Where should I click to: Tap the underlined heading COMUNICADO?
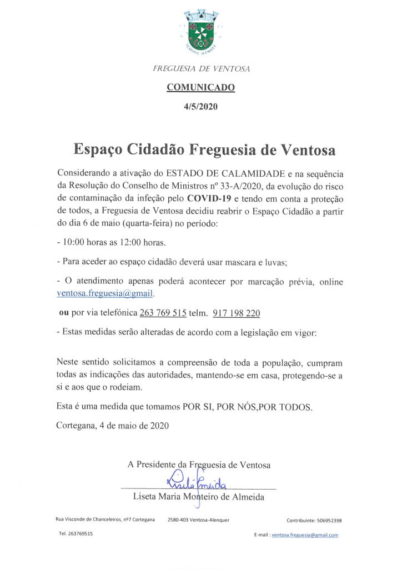coord(200,87)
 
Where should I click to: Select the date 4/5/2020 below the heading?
coord(200,106)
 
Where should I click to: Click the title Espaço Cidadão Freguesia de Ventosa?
coord(205,150)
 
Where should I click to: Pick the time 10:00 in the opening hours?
coord(73,243)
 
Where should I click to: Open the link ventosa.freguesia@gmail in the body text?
coord(105,293)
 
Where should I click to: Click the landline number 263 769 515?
coord(163,313)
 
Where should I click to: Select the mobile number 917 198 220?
coord(237,313)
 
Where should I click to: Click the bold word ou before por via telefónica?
coord(63,313)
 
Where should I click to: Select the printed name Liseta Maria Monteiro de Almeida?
coord(199,497)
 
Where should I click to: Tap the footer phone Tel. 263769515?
coord(76,533)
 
